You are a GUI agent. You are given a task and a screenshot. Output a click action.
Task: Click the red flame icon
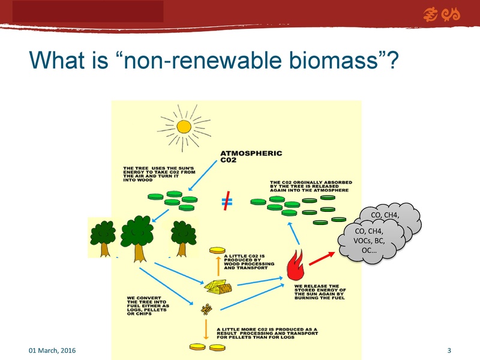pyautogui.click(x=296, y=265)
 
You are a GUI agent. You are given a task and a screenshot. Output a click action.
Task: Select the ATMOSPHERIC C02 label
pyautogui.click(x=251, y=157)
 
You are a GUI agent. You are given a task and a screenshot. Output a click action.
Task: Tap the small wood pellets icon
pyautogui.click(x=206, y=310)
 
